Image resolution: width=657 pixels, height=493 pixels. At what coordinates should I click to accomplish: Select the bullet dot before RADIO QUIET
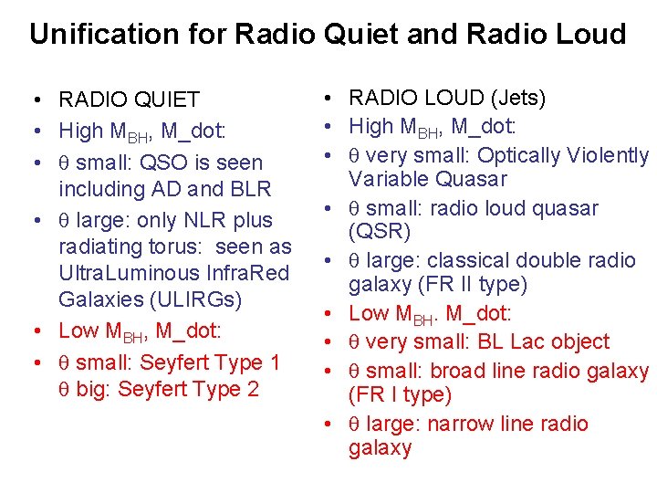[x=32, y=100]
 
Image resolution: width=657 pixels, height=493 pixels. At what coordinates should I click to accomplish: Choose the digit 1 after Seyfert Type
[x=275, y=362]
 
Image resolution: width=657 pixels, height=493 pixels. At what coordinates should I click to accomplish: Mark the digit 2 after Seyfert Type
[x=253, y=389]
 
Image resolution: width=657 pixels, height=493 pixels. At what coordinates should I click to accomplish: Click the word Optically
[x=527, y=155]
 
